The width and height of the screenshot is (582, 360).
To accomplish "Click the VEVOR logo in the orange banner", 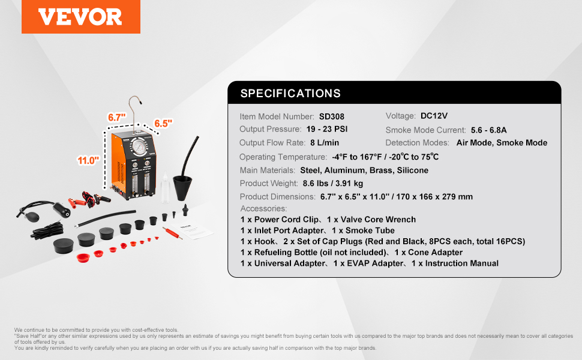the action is tap(80, 17).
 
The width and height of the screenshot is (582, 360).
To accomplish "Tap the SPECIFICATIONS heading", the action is tap(290, 93).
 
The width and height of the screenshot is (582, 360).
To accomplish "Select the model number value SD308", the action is tap(332, 116).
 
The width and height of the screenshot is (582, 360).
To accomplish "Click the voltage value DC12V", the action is tap(434, 116).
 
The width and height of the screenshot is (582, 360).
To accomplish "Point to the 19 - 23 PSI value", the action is tap(327, 129).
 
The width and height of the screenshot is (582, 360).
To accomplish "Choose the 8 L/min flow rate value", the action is tap(325, 143).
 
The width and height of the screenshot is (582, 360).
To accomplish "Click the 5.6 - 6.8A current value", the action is tap(489, 130).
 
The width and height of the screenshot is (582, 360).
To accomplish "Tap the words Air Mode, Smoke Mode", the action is tap(502, 143).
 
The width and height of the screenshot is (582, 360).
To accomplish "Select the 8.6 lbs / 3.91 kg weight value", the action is tap(333, 184).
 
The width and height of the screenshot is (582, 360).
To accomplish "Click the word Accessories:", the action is tap(263, 209).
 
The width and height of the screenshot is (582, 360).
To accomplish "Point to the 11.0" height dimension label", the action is tap(88, 160).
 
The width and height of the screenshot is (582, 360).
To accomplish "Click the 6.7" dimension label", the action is tap(117, 117).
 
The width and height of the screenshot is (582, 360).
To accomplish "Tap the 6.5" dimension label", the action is tap(163, 123).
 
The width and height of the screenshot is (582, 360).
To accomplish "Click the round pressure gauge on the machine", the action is tap(140, 147).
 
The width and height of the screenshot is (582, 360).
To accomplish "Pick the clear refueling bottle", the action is tap(165, 188).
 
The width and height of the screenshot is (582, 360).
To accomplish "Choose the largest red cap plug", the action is tap(83, 257).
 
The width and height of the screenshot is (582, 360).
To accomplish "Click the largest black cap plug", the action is tap(64, 245).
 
